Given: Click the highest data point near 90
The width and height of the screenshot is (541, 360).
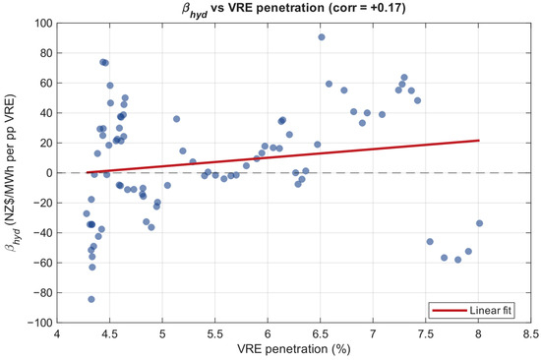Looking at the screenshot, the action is click(x=322, y=37).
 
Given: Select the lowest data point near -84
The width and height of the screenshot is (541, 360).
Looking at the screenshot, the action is click(x=91, y=299).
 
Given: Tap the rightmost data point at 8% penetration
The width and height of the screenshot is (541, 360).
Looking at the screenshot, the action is click(x=479, y=223).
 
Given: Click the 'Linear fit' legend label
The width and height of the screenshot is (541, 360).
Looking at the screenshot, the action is click(x=490, y=310).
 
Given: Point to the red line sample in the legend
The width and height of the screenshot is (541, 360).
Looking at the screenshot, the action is click(x=450, y=311).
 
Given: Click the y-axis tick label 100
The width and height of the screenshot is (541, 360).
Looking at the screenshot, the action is click(x=43, y=24).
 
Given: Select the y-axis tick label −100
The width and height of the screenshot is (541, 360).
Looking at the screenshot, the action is click(x=40, y=323).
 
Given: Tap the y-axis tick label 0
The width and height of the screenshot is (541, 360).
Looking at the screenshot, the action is click(x=49, y=172).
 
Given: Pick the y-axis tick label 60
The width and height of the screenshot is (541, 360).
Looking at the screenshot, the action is click(x=46, y=83).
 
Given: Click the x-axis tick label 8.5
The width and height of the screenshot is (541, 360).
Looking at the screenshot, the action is click(x=530, y=334).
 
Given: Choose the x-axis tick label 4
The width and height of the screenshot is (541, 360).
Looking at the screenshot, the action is click(x=57, y=334).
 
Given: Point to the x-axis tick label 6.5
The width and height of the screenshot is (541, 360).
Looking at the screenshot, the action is click(x=320, y=334).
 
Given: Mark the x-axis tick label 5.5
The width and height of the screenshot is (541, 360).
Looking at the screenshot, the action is click(x=214, y=334).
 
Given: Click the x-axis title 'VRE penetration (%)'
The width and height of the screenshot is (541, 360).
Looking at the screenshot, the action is click(x=294, y=349).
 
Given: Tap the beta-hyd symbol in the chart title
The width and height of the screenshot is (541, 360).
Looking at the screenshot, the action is click(x=195, y=10).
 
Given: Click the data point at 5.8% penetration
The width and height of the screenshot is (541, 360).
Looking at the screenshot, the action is click(x=246, y=166).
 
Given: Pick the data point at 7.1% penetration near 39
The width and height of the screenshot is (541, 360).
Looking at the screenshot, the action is click(x=382, y=114).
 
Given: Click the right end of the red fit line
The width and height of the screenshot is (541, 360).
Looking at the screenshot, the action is click(x=479, y=140).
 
